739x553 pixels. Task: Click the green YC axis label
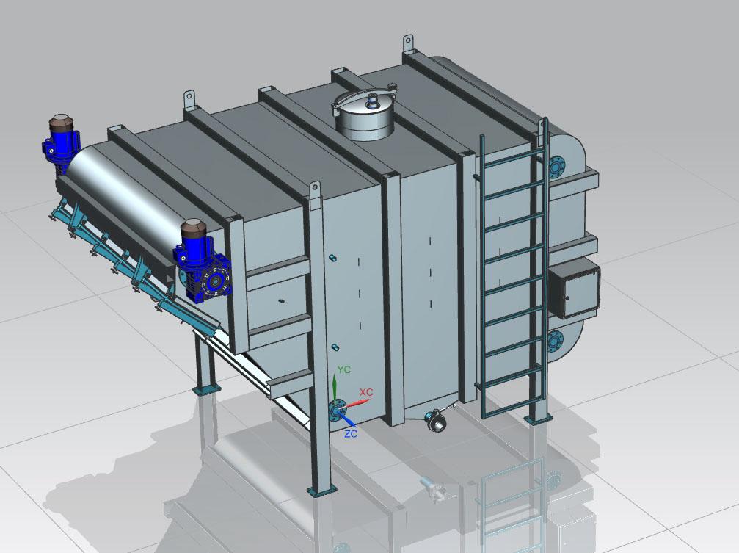pyautogui.click(x=344, y=369)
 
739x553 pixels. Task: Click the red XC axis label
pyautogui.click(x=366, y=392)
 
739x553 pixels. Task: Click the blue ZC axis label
pyautogui.click(x=351, y=433)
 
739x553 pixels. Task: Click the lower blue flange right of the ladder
pyautogui.click(x=556, y=341)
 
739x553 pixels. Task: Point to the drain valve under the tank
pyautogui.click(x=435, y=419)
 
